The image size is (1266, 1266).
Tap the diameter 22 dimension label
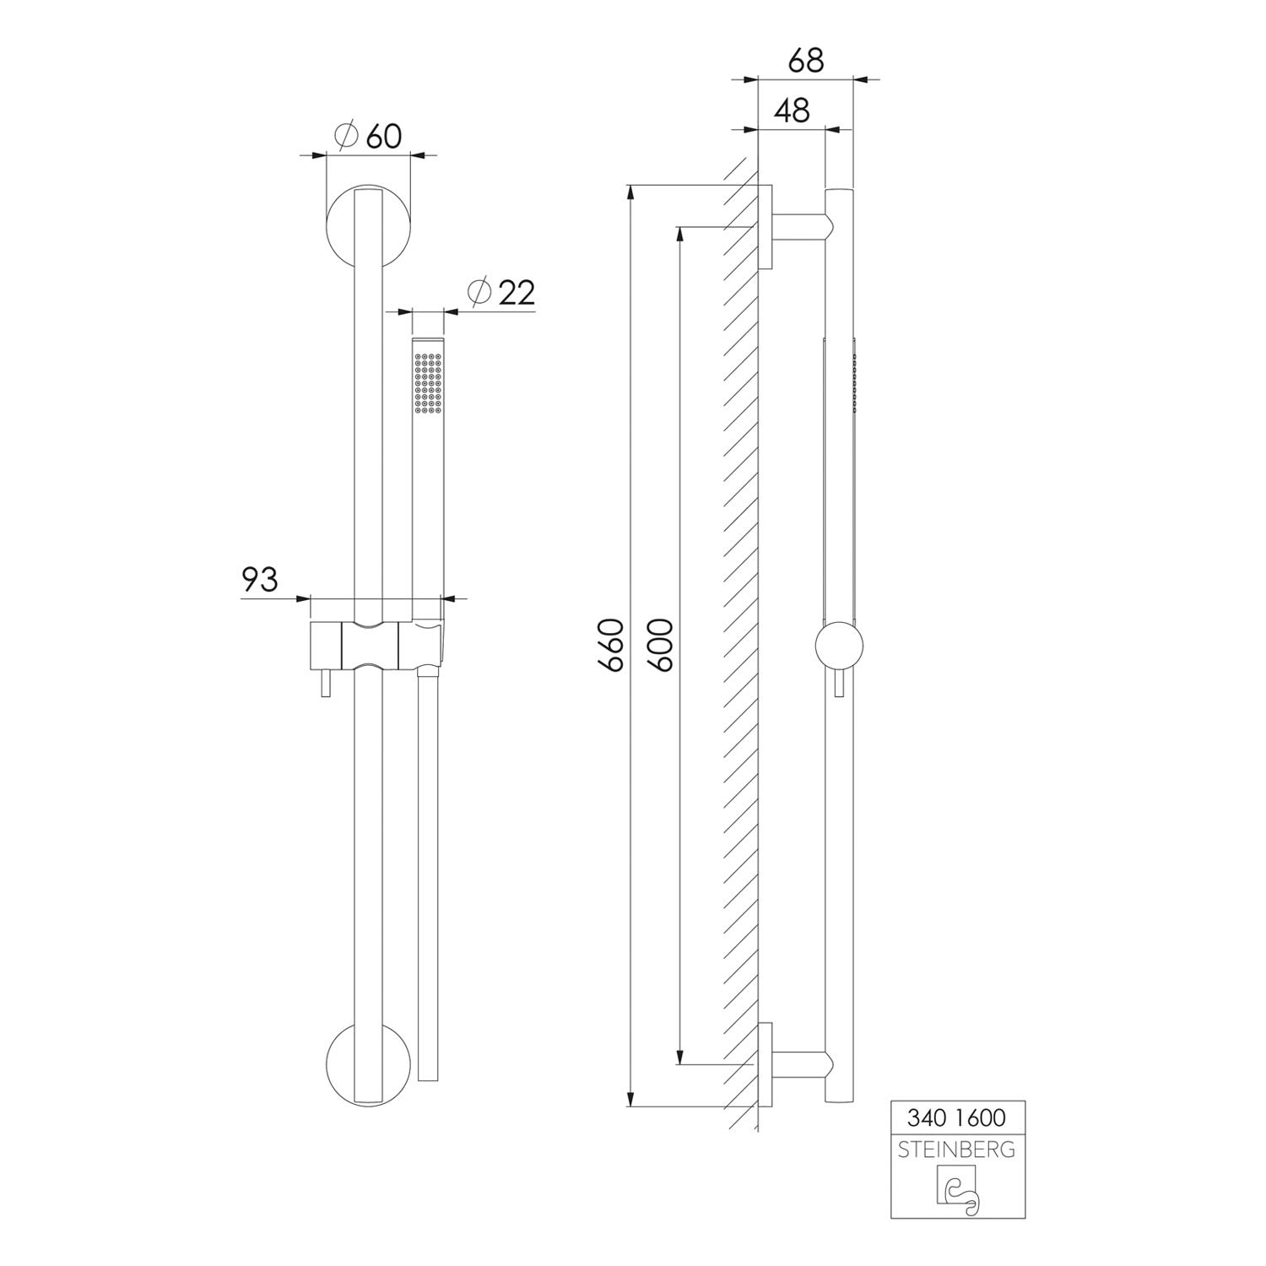pyautogui.click(x=501, y=292)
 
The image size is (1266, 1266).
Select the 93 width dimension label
pyautogui.click(x=260, y=580)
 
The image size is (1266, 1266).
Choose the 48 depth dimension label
pyautogui.click(x=792, y=111)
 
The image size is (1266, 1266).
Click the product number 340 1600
pyautogui.click(x=957, y=1117)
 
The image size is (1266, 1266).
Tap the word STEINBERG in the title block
pyautogui.click(x=957, y=1150)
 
